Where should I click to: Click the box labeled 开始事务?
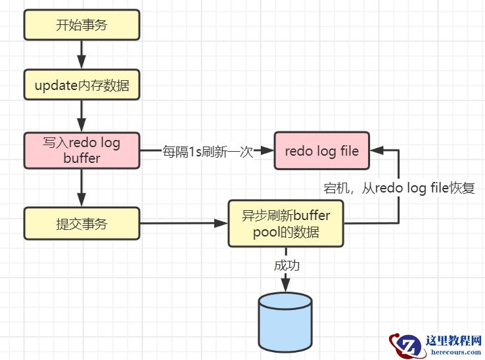coord(81,26)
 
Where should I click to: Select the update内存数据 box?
coord(81,85)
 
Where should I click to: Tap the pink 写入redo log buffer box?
coord(81,150)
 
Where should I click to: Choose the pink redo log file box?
coord(321,150)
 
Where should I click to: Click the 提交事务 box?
coord(81,223)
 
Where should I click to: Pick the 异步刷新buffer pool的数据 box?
coord(286,223)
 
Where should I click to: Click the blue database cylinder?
coord(285,322)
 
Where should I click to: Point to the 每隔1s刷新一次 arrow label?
coord(208,151)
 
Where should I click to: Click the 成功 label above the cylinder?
coord(286,266)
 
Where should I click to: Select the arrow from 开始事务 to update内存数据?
coord(81,53)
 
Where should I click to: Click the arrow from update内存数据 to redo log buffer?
coord(81,116)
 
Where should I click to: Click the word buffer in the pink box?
coord(81,158)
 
